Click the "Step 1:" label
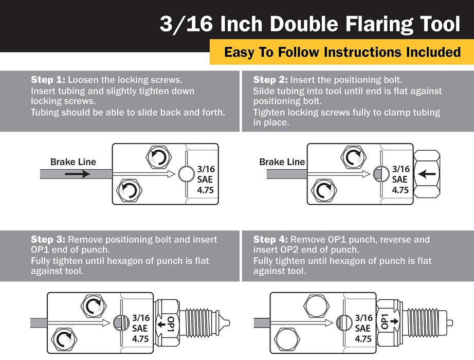(x=48, y=80)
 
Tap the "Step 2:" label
(x=270, y=80)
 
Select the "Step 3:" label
(x=48, y=240)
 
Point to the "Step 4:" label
(x=270, y=240)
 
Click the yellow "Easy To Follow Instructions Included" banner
(x=342, y=52)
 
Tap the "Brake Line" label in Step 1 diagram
(x=73, y=162)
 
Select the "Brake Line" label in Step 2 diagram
(x=282, y=162)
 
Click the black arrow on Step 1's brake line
(x=78, y=174)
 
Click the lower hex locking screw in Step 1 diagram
(x=130, y=190)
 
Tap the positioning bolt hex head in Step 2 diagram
(x=427, y=174)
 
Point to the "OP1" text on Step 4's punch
(x=385, y=321)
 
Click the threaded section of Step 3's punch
(x=199, y=323)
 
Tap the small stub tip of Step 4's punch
(x=450, y=323)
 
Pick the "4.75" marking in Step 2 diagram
(x=400, y=190)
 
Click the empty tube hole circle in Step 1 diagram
(x=186, y=174)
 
